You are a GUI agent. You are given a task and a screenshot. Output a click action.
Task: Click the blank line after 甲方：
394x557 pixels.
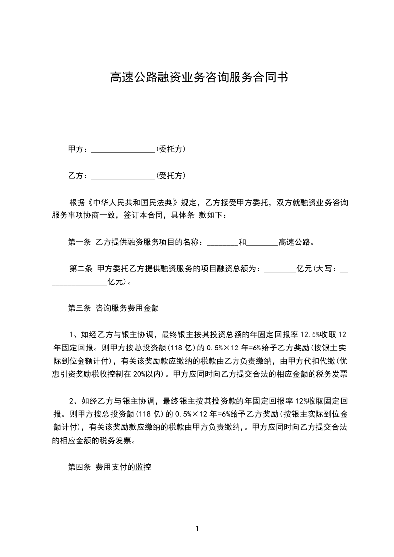coord(124,149)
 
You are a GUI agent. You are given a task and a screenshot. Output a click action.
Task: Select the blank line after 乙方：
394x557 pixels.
coord(124,176)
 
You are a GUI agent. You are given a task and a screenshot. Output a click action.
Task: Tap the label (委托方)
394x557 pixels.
coord(171,149)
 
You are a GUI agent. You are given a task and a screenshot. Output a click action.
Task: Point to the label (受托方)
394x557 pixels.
coord(171,175)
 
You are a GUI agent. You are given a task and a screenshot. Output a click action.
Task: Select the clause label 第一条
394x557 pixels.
coord(79,242)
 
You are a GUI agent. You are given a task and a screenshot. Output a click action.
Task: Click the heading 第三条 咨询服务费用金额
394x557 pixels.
coord(113,308)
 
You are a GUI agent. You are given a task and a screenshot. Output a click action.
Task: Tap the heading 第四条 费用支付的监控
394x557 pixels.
coord(109,467)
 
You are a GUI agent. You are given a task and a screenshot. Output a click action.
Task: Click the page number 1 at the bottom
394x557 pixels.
coord(197,529)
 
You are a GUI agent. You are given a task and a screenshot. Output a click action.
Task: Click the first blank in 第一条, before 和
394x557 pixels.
coord(222,243)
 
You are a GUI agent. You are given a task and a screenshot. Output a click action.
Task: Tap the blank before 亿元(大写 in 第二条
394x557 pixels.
coord(280,269)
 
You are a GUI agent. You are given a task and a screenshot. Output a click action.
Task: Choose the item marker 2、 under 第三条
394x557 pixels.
coord(74,401)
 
